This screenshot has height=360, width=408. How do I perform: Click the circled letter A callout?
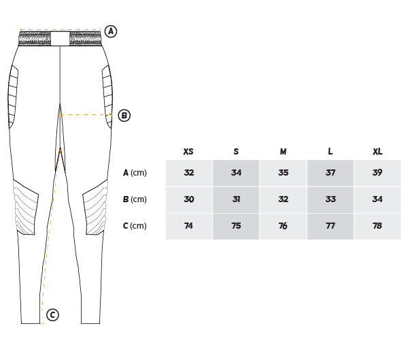(111, 31)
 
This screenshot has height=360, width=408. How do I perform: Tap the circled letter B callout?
(124, 116)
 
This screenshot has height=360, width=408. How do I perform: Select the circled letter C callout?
(52, 314)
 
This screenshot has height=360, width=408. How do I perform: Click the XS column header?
(188, 151)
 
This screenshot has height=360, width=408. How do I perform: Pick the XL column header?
(377, 151)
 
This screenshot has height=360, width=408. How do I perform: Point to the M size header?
(283, 151)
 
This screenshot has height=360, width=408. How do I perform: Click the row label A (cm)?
(135, 173)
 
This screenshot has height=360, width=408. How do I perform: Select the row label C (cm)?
(135, 225)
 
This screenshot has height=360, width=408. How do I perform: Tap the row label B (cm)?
(135, 199)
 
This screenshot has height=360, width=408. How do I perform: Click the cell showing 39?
(377, 173)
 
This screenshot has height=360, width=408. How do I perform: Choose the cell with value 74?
(188, 226)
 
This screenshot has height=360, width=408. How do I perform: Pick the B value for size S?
(236, 199)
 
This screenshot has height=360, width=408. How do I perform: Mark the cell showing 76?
(283, 226)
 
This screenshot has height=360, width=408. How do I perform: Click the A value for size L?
(330, 173)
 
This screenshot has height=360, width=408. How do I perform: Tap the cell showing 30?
(188, 199)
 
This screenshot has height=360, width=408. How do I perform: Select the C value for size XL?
(377, 226)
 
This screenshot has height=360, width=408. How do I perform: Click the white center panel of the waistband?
(60, 39)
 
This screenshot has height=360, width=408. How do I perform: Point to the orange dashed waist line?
(60, 30)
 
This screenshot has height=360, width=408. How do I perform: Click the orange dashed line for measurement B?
(86, 114)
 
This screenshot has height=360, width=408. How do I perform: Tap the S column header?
(236, 151)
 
